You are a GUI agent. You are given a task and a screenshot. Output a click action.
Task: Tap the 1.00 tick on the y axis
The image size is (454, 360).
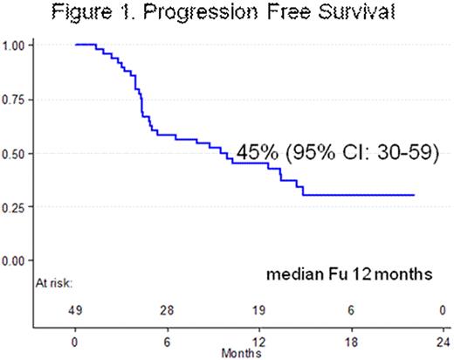tap(20, 45)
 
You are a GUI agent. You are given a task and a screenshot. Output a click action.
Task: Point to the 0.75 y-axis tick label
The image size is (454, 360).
tap(20, 99)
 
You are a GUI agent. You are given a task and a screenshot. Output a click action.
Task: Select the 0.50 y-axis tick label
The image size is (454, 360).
tap(20, 153)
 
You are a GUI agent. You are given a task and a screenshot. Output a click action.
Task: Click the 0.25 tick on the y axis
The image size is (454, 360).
tap(20, 207)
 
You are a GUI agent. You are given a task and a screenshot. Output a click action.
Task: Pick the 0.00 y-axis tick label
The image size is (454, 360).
tap(20, 260)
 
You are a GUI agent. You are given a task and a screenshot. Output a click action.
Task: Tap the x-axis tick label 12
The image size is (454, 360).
tap(258, 341)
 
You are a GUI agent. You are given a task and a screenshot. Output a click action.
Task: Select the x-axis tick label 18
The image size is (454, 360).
tap(349, 341)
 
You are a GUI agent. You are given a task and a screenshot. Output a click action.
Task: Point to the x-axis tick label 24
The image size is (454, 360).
tap(441, 341)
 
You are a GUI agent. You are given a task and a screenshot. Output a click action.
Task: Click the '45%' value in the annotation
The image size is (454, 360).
tap(259, 151)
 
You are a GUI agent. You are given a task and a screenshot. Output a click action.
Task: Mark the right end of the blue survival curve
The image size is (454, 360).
tap(414, 196)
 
